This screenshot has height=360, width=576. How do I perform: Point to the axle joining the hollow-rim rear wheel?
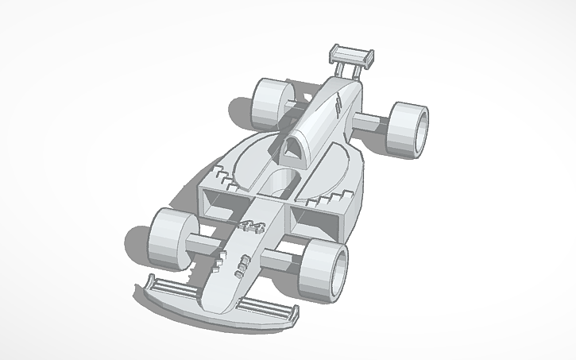[370, 123]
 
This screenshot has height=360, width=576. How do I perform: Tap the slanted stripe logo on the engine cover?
[340, 104]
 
